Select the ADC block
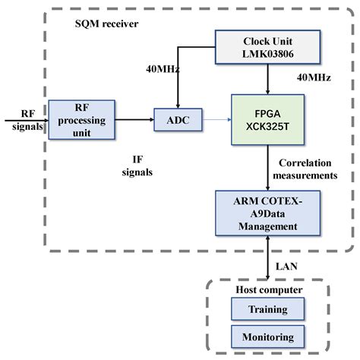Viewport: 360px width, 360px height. click(177, 118)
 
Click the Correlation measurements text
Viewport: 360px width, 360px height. click(307, 169)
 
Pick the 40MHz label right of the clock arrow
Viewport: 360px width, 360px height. click(312, 77)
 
